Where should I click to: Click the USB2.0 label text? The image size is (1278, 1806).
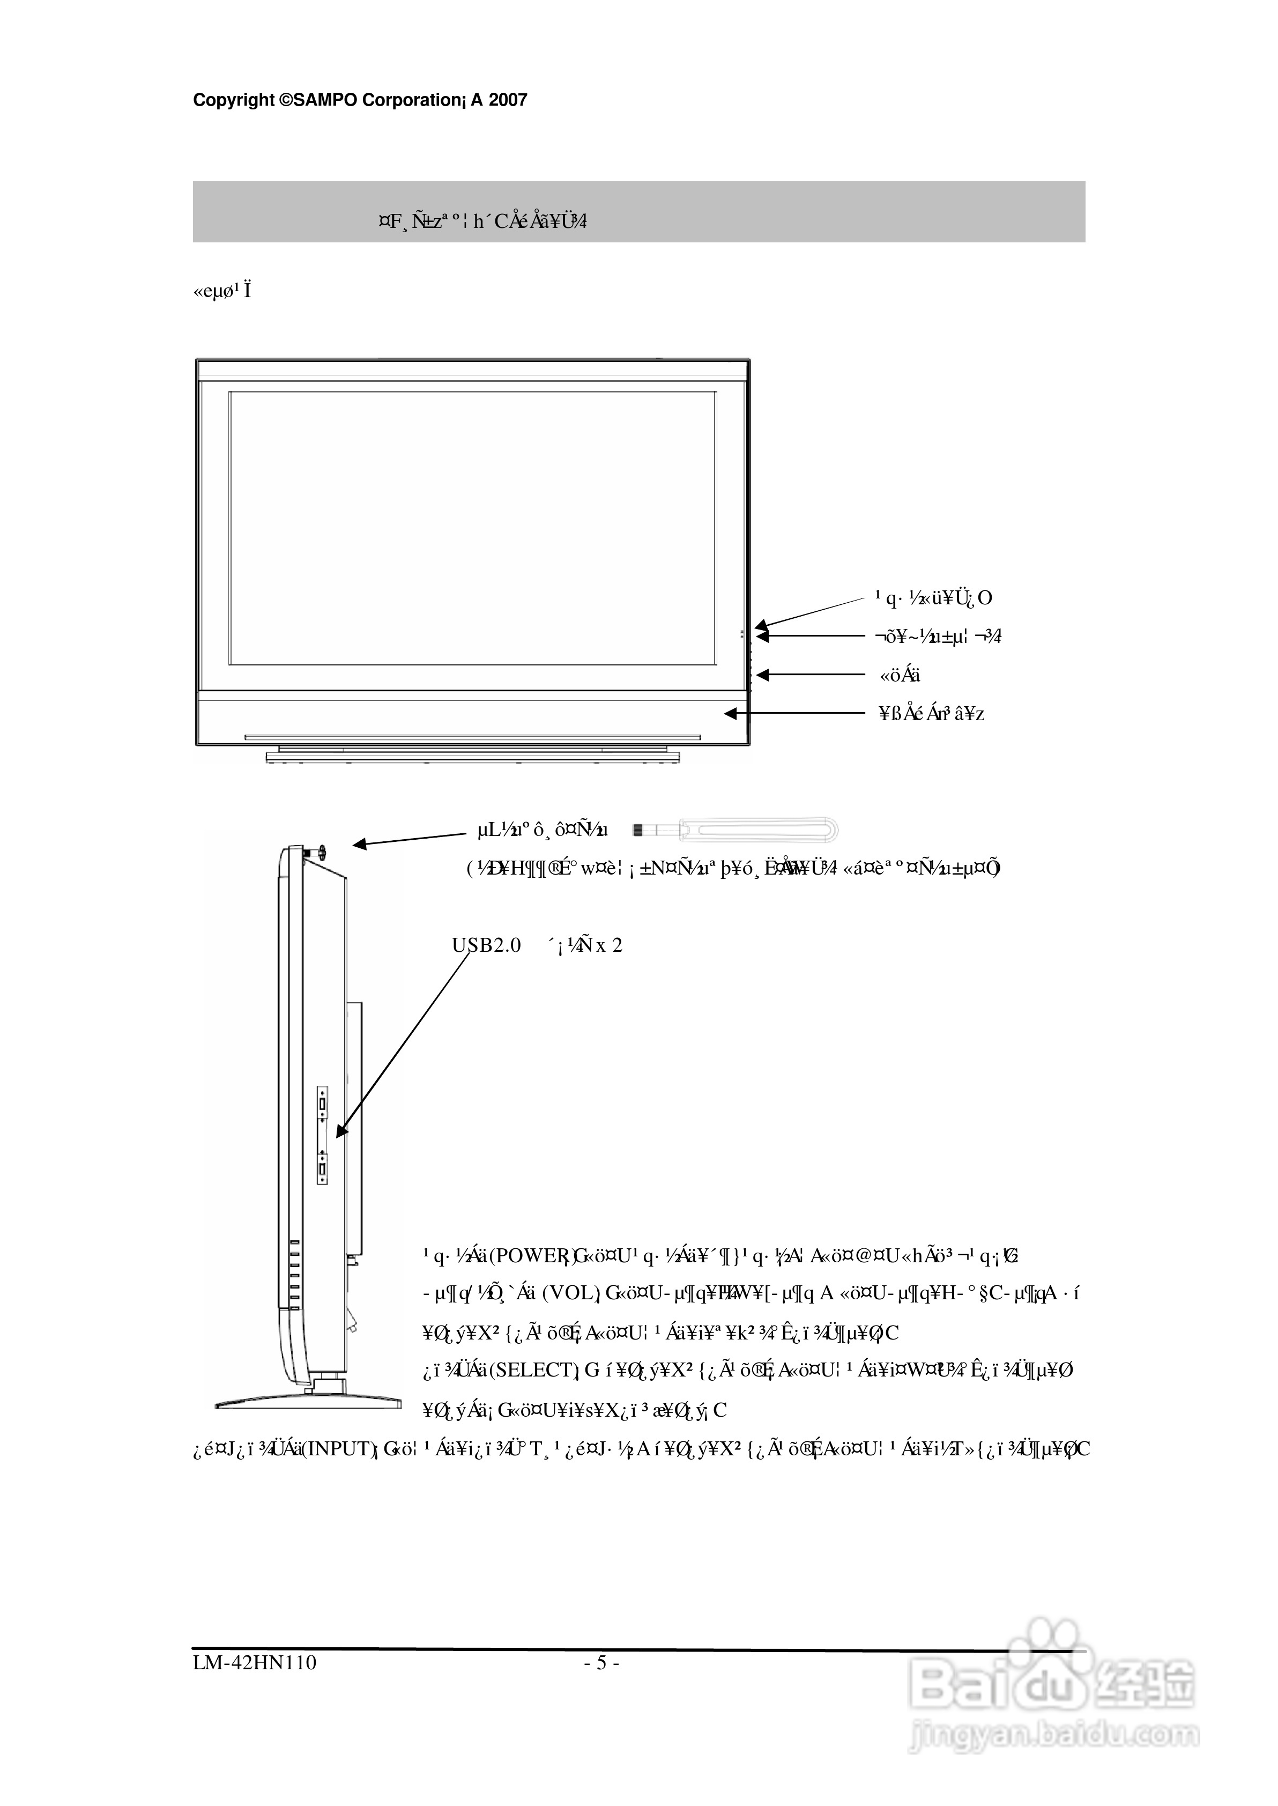[x=486, y=945]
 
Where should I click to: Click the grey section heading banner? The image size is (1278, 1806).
[x=638, y=212]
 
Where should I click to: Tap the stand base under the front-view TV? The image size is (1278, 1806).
[x=472, y=757]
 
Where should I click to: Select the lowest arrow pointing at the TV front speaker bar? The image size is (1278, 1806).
[x=795, y=714]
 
